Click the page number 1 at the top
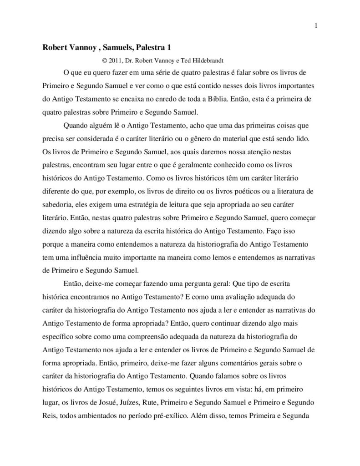(315, 25)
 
